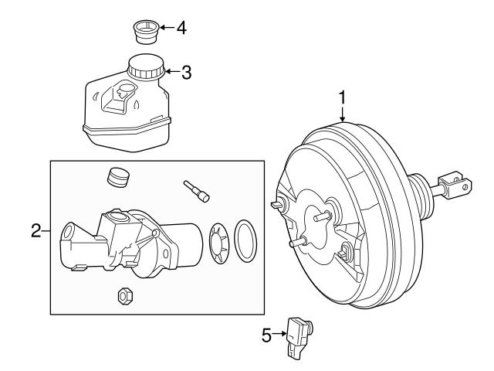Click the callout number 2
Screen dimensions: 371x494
point(36,231)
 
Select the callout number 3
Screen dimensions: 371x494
point(186,73)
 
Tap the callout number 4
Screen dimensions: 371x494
point(181,29)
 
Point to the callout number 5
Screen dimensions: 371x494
point(267,335)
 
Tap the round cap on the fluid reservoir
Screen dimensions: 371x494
point(144,66)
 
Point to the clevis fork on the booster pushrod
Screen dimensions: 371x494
point(455,185)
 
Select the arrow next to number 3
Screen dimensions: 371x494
point(171,73)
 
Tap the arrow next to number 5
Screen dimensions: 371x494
point(280,335)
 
